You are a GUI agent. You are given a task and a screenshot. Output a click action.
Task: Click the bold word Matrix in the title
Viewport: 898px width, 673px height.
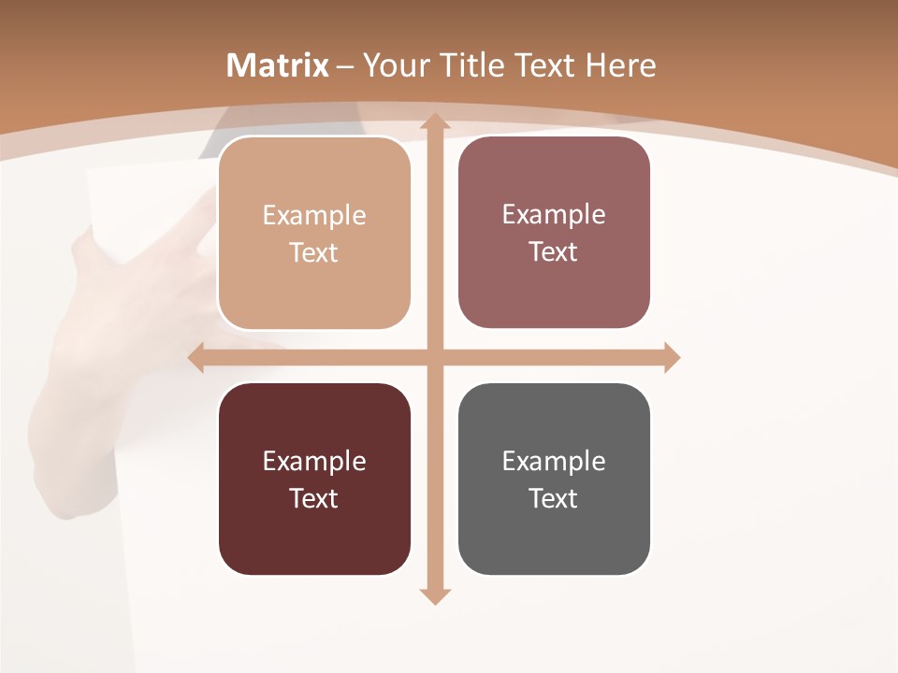(x=278, y=65)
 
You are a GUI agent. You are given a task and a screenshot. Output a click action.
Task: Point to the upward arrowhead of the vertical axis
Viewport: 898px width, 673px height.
(x=433, y=121)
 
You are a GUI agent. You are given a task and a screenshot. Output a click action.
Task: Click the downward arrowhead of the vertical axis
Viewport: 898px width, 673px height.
(x=433, y=595)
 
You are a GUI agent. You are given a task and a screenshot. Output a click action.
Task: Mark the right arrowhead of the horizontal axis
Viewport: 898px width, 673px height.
(x=671, y=357)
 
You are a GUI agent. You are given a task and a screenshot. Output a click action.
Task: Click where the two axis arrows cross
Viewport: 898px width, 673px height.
(x=433, y=357)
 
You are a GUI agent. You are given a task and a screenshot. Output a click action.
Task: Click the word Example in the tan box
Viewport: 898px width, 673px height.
(x=314, y=216)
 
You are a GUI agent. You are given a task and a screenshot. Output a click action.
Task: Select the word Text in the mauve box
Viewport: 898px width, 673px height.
(x=554, y=252)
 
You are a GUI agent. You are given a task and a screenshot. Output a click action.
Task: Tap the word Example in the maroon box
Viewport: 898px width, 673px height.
(x=314, y=462)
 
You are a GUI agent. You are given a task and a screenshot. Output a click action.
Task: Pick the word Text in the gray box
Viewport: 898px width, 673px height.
(x=554, y=498)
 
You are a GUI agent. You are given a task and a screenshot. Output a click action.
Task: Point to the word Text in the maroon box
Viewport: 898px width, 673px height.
(x=314, y=498)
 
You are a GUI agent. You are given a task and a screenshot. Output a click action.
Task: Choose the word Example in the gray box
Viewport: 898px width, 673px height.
(x=554, y=462)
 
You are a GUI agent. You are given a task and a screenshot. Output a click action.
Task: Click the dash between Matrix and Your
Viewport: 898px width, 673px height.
(x=345, y=66)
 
